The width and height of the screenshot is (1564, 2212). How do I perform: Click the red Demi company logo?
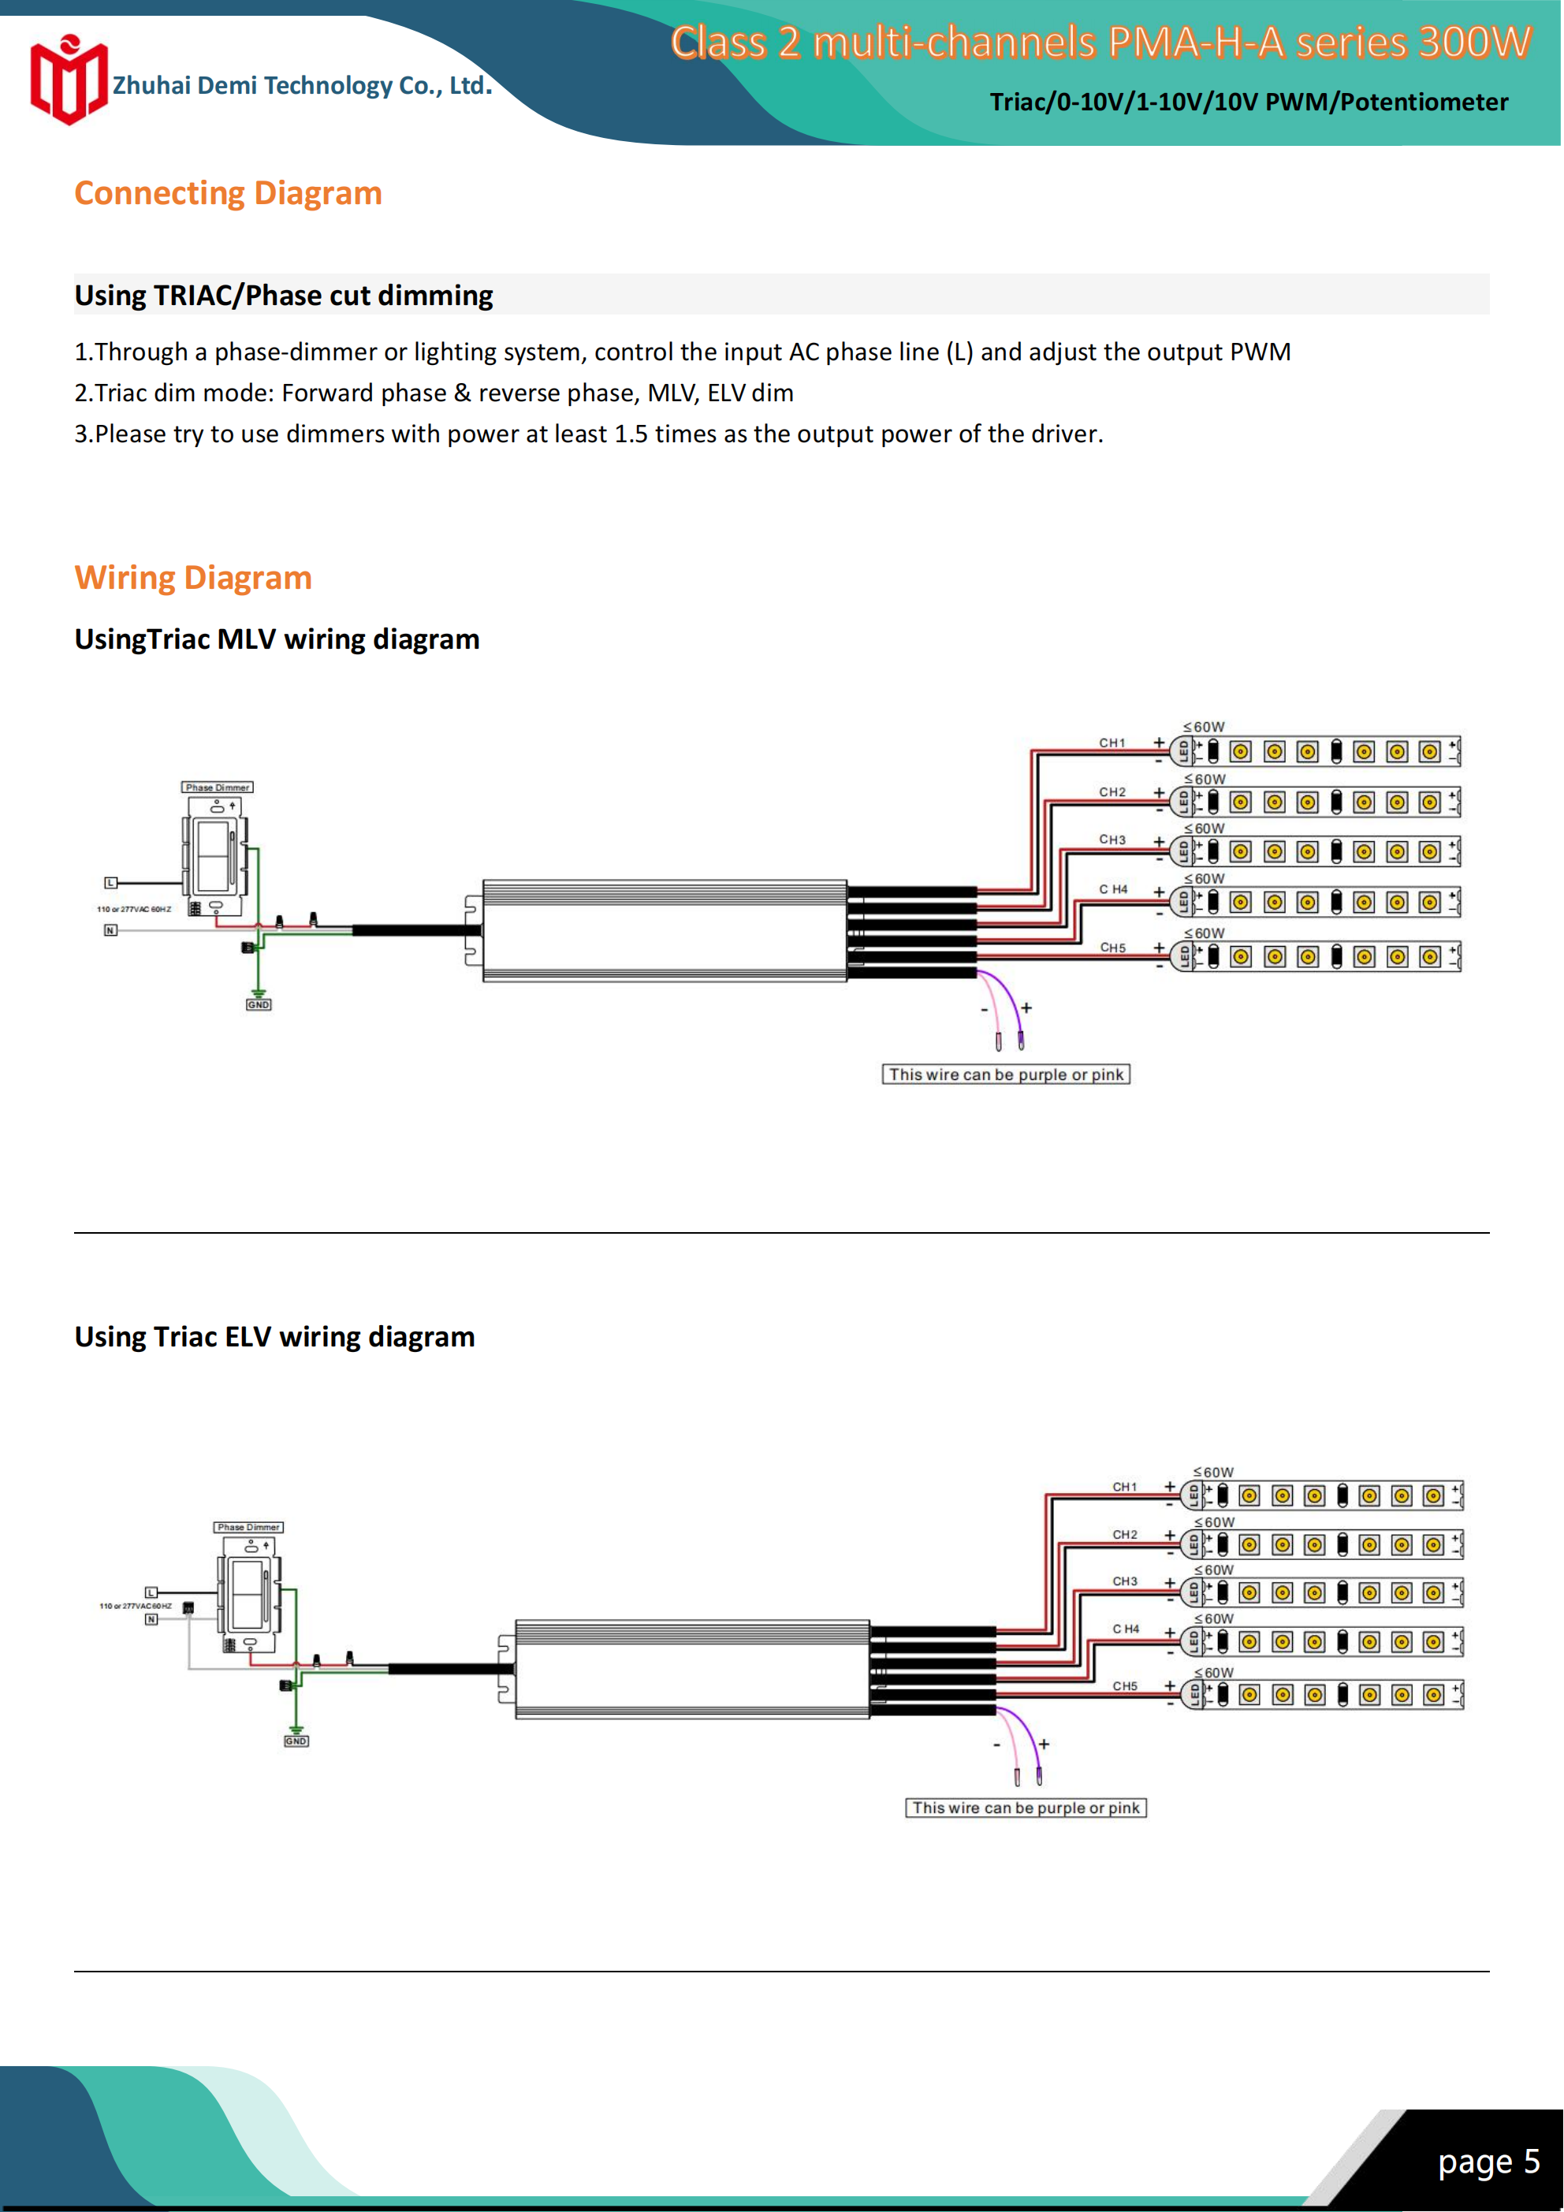(x=68, y=81)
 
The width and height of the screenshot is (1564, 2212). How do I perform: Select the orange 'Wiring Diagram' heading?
(x=192, y=578)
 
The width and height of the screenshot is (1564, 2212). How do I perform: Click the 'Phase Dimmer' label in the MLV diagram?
(x=217, y=787)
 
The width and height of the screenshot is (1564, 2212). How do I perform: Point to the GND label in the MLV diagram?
(x=259, y=1005)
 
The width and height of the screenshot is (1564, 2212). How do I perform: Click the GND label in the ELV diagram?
(x=296, y=1741)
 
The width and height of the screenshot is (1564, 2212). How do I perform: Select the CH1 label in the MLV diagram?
(x=1112, y=743)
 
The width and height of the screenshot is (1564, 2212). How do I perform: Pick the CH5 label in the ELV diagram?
(x=1125, y=1686)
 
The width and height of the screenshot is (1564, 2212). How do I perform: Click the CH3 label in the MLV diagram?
(x=1112, y=840)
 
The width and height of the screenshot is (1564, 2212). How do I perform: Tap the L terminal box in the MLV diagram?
(x=111, y=882)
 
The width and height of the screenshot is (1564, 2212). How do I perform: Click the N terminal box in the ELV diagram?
(x=151, y=1619)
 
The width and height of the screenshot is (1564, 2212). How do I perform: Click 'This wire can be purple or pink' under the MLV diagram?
(x=1005, y=1074)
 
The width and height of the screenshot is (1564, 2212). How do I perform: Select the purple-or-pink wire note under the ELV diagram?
(x=1026, y=1808)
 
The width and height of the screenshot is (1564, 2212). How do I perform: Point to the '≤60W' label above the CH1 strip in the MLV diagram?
(x=1205, y=728)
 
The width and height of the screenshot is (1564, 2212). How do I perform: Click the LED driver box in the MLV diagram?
(x=664, y=931)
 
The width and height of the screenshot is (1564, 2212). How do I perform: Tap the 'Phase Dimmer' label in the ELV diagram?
(x=248, y=1527)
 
